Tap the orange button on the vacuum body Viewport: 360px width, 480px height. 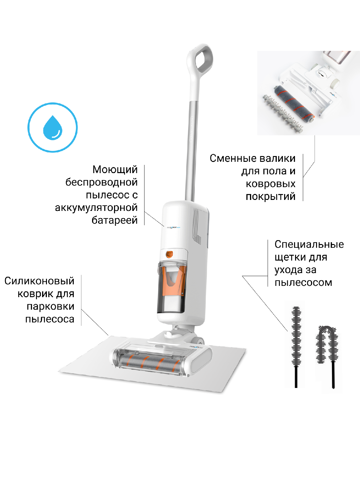pyautogui.click(x=169, y=254)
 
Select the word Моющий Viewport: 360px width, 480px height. pyautogui.click(x=115, y=170)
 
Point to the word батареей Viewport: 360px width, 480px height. pyautogui.click(x=115, y=220)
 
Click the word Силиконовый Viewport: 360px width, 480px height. pyautogui.click(x=39, y=281)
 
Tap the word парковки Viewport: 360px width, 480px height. pyautogui.click(x=51, y=307)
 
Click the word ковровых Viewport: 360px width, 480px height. pyautogui.click(x=271, y=184)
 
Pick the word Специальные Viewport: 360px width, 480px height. pyautogui.click(x=309, y=244)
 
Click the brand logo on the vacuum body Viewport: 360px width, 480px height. pyautogui.click(x=173, y=227)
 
